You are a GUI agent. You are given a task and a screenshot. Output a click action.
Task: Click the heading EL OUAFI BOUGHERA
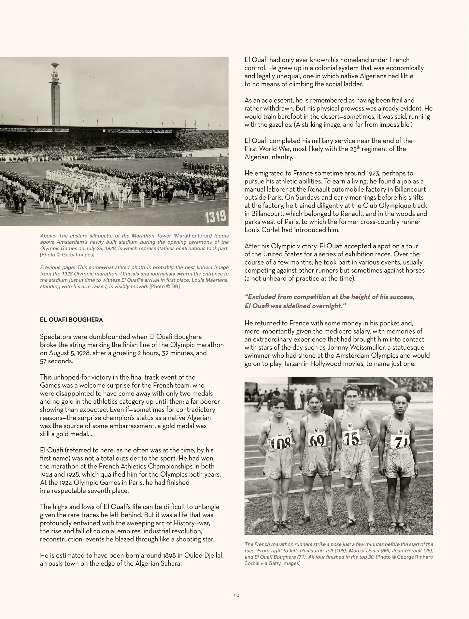(x=71, y=320)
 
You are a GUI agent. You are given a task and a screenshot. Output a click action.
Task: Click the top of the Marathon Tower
(x=54, y=67)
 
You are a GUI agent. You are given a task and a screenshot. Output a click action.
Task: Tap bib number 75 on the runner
(x=352, y=439)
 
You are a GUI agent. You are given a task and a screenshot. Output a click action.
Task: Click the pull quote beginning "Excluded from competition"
(x=329, y=301)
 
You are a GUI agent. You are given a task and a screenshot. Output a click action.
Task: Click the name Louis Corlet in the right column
(x=262, y=230)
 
